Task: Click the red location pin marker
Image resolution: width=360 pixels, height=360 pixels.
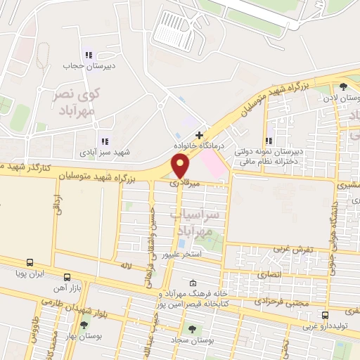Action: (181, 166)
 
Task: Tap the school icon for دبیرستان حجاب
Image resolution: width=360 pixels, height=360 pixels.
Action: (88, 54)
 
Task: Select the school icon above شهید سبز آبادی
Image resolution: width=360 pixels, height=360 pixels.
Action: (105, 141)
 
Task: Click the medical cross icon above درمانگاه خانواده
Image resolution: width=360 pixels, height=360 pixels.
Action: (200, 134)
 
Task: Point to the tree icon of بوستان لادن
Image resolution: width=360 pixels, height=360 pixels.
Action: (342, 87)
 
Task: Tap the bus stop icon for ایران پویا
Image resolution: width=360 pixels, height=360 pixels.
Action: (30, 261)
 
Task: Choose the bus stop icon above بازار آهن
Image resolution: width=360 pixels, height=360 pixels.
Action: (67, 277)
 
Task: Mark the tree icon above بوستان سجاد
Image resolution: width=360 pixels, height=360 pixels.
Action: (191, 328)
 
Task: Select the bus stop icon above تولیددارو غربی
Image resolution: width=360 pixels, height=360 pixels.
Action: (324, 315)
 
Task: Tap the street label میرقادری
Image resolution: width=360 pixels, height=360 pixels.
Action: (185, 183)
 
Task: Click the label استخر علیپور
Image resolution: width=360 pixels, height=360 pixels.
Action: (182, 255)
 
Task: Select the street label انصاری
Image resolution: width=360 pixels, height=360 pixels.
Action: (270, 274)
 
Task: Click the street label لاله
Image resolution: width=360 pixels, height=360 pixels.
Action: (127, 266)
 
